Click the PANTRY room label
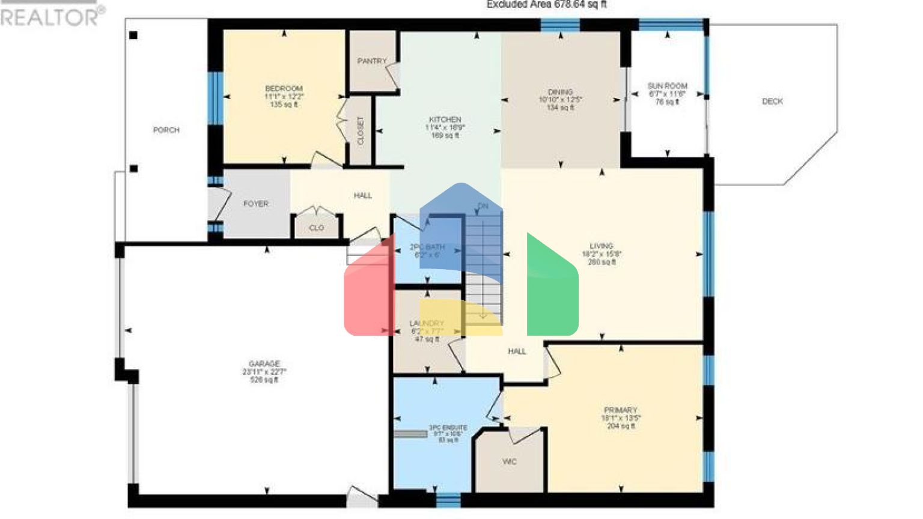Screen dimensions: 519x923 click(372, 61)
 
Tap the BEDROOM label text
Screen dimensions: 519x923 click(284, 88)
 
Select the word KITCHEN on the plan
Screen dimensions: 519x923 click(445, 120)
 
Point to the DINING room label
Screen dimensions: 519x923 click(560, 92)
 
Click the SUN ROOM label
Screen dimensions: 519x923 click(667, 86)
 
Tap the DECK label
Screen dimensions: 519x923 click(772, 102)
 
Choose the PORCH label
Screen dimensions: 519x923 click(166, 130)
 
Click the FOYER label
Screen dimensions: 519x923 click(255, 204)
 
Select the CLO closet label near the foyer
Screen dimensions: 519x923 click(316, 228)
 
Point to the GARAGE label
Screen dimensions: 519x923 click(264, 364)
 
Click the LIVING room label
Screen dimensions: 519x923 click(601, 246)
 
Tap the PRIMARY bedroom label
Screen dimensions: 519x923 click(620, 410)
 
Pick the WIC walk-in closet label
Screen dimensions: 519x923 click(509, 462)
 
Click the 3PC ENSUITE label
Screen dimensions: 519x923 click(448, 428)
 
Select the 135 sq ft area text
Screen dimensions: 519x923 click(284, 105)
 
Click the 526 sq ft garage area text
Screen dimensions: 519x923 click(264, 380)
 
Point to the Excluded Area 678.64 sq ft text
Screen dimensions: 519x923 click(546, 5)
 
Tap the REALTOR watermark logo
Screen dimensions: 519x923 click(52, 16)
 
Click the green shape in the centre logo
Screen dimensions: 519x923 click(552, 288)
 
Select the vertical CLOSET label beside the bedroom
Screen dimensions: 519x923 click(361, 131)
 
